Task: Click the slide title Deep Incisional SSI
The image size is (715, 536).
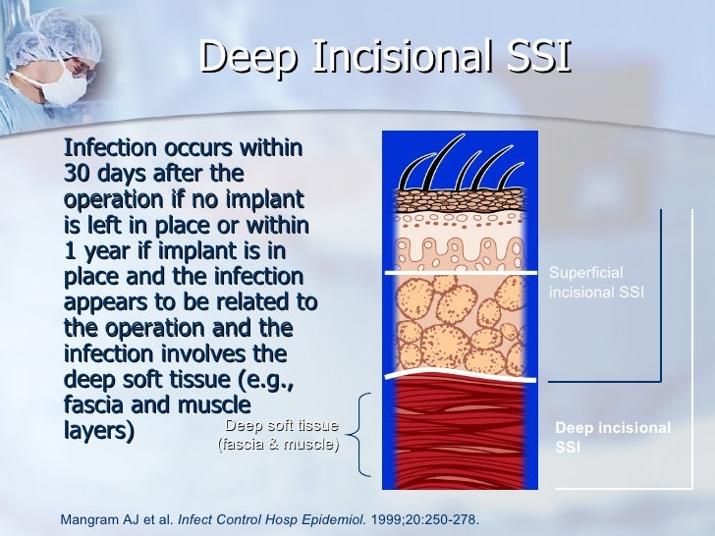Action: tap(385, 56)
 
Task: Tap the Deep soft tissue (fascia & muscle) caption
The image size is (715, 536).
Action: tap(279, 435)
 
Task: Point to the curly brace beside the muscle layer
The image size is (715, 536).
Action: tap(358, 433)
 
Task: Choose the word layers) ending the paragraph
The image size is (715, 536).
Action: tap(99, 432)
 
